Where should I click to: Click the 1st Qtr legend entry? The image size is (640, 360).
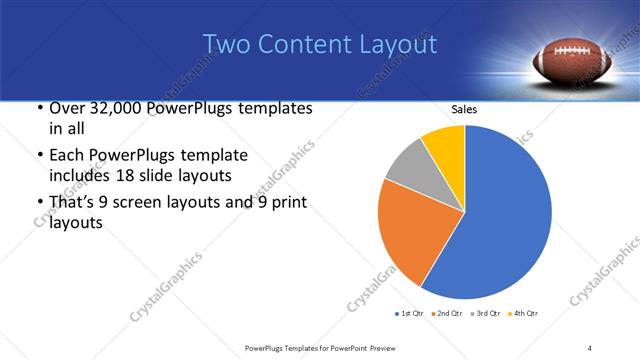409,314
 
